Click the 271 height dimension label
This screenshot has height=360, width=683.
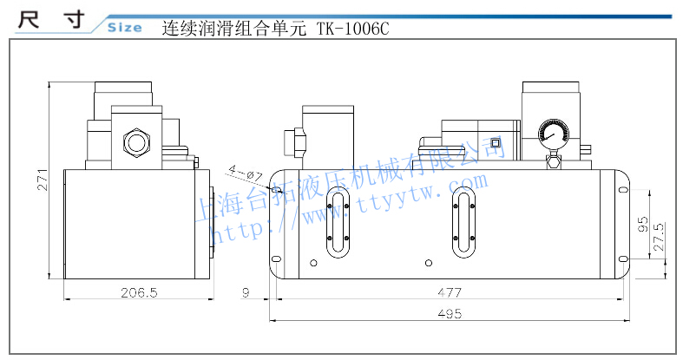[x=43, y=180]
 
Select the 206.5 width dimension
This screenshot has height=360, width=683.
[x=139, y=292]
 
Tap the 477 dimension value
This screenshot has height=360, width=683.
[x=450, y=292]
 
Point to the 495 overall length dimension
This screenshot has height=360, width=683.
[x=450, y=314]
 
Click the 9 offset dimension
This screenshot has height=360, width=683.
[x=246, y=292]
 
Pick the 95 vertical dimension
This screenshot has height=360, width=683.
[x=643, y=224]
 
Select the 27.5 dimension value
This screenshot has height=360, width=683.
[x=659, y=236]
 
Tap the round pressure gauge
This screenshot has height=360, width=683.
[x=554, y=135]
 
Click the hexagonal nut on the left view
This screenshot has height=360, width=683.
[x=136, y=141]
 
